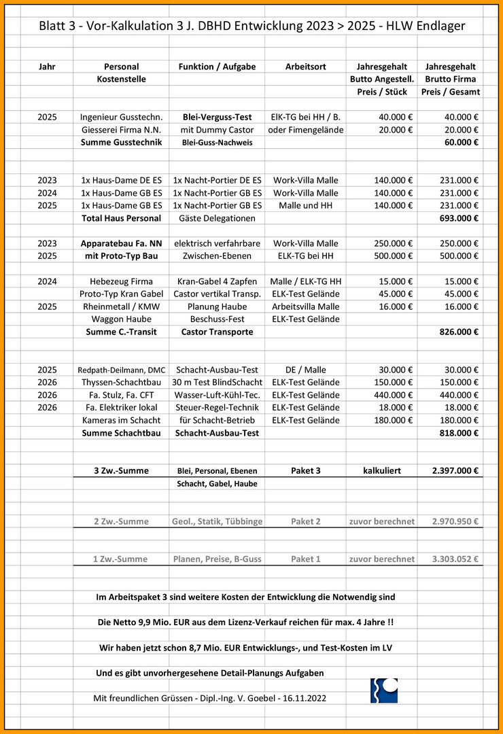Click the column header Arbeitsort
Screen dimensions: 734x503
(x=305, y=67)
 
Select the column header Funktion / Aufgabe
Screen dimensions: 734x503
(x=217, y=67)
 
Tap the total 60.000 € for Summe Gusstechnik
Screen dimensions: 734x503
(x=460, y=143)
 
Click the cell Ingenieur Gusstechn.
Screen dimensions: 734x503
(x=121, y=117)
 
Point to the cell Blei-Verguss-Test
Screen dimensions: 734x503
(x=217, y=117)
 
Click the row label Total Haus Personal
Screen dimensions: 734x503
(x=121, y=218)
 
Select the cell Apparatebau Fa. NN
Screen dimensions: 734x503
(x=121, y=243)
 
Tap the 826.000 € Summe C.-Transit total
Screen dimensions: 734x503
(x=459, y=332)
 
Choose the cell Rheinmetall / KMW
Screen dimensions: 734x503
(x=121, y=307)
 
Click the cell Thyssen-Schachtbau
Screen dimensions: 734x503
(x=121, y=382)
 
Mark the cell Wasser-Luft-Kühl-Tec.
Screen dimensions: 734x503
(x=217, y=395)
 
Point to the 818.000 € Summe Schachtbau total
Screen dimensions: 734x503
(x=459, y=433)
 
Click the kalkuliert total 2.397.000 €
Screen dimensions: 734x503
(x=455, y=470)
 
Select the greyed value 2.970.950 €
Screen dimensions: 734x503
(x=455, y=521)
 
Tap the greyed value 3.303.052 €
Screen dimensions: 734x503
(x=455, y=559)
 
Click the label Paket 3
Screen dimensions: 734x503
(x=305, y=470)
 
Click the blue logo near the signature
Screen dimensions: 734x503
(x=384, y=690)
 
